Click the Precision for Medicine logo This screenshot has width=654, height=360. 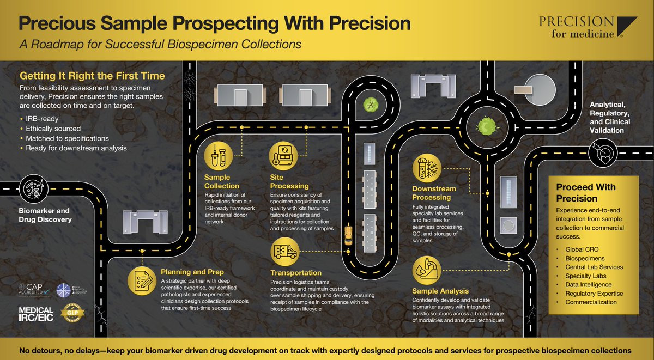(588, 27)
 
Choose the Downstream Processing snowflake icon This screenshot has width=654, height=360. (427, 168)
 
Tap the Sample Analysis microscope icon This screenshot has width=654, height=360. (427, 269)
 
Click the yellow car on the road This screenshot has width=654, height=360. (347, 235)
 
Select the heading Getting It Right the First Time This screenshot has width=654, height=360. (92, 76)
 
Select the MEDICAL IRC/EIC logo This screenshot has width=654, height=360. (37, 314)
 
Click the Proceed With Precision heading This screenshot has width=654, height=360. (586, 192)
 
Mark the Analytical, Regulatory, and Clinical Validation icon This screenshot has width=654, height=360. (602, 152)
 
